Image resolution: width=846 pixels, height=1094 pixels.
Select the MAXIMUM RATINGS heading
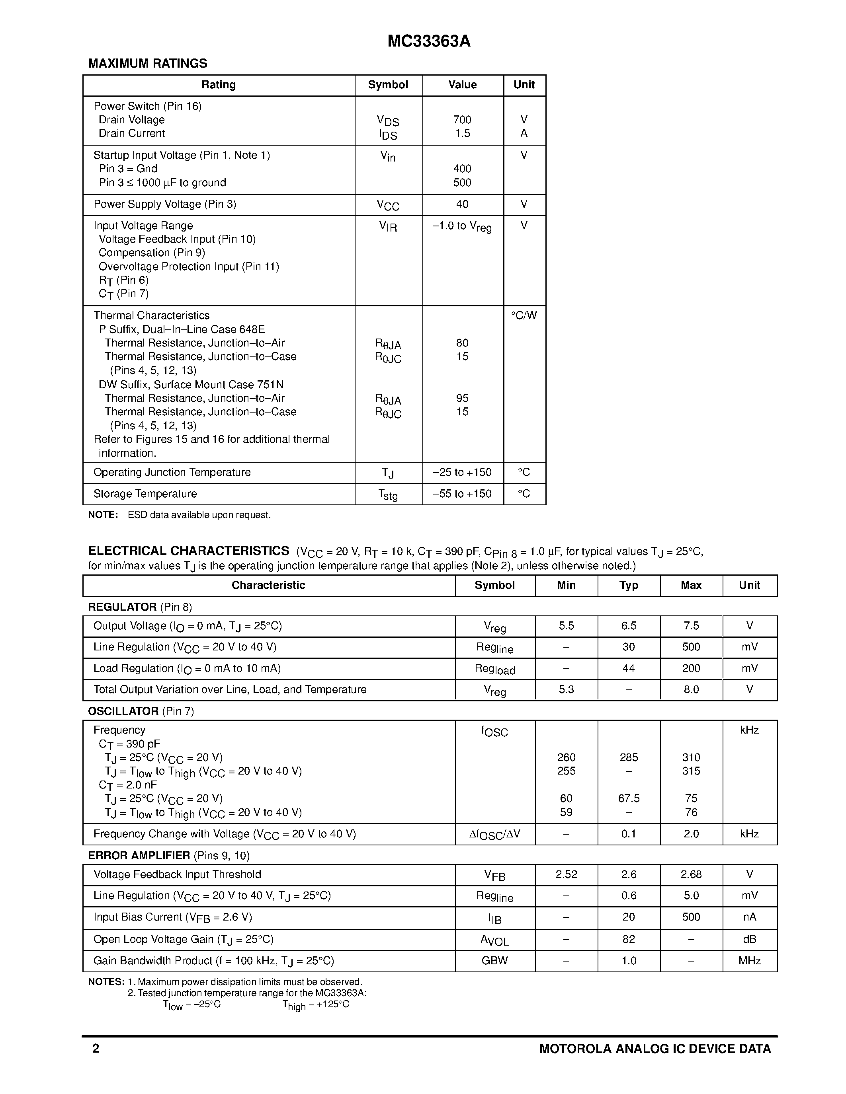pos(147,64)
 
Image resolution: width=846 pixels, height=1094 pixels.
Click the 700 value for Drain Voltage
pos(462,120)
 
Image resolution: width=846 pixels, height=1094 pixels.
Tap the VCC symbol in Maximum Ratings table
pos(388,205)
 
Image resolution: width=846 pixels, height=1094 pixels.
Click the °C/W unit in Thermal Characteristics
pos(524,315)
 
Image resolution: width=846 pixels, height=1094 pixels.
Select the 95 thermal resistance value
pos(462,398)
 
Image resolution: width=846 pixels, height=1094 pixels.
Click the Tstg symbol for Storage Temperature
pos(388,495)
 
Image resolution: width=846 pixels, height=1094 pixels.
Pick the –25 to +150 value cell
pos(462,472)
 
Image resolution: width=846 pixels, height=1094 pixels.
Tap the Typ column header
pos(629,585)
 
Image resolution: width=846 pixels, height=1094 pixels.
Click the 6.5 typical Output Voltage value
pos(629,626)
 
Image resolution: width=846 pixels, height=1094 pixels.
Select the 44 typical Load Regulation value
pos(629,668)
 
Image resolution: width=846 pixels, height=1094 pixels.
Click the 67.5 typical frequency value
pos(629,798)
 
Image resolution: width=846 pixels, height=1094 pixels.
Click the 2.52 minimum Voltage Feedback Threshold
pos(567,874)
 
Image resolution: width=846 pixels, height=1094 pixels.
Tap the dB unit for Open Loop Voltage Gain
pos(749,939)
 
